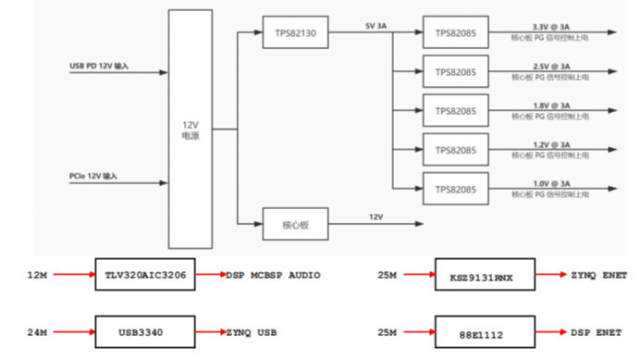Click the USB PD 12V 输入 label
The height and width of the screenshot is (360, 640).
pos(100,66)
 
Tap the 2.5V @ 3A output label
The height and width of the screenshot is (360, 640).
pos(551,66)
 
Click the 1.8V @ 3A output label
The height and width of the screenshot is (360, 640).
pos(551,105)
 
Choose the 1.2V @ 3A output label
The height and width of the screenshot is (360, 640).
pos(551,144)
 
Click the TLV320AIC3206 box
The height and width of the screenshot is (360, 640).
pos(145,276)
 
